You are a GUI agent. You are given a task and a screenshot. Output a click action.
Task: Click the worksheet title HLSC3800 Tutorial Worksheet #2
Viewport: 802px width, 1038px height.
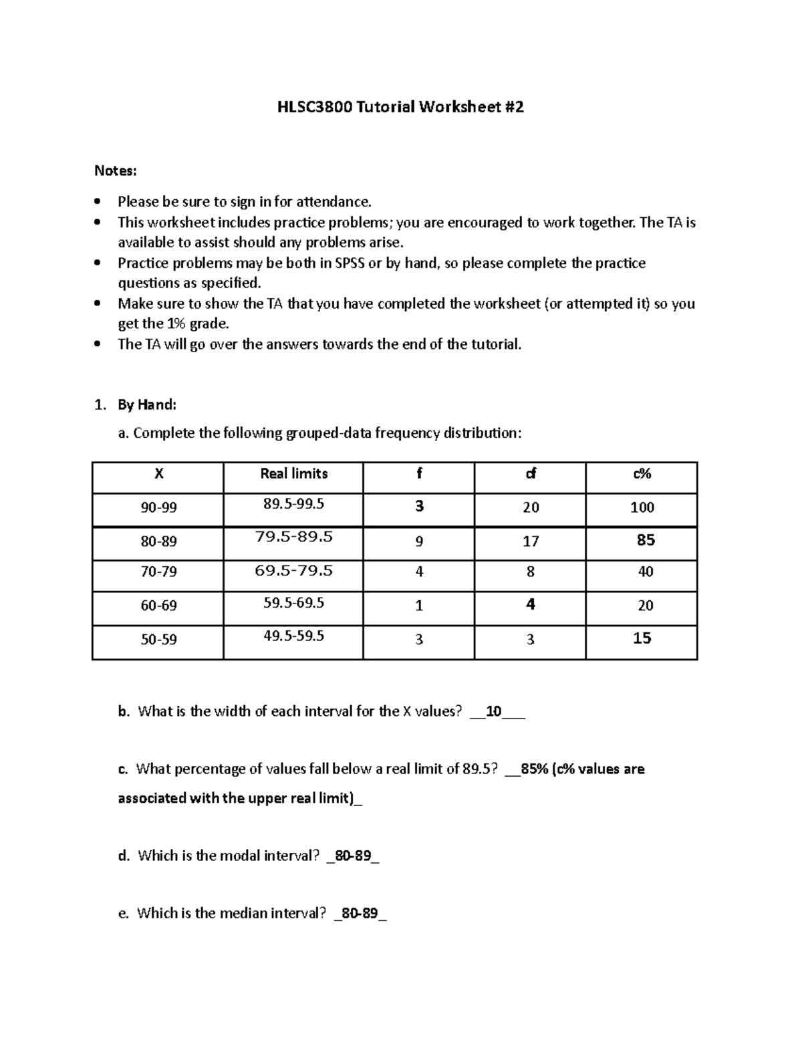pos(400,107)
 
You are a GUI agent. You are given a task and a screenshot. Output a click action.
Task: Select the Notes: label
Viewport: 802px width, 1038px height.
pos(115,171)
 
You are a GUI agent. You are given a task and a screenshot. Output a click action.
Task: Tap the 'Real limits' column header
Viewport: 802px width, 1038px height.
pos(293,474)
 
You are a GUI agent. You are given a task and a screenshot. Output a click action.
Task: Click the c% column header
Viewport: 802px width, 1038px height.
pos(642,474)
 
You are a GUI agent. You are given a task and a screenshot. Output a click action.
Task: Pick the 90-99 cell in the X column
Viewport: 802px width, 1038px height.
pos(158,508)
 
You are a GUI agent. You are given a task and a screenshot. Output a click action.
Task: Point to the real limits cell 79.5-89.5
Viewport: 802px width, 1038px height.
pos(293,537)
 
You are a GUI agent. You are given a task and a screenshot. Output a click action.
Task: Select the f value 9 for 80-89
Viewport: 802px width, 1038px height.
pos(419,541)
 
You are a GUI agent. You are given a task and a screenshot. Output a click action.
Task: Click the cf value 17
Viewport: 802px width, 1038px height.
pos(531,541)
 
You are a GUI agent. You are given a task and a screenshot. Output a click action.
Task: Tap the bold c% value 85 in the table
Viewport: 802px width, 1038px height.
pos(646,540)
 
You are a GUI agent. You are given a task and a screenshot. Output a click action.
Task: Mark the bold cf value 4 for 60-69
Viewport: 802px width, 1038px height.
pos(531,605)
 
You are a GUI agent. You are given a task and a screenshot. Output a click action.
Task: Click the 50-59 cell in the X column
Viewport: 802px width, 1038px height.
pos(158,640)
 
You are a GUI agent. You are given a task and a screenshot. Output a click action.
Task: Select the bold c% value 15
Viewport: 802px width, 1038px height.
pos(642,638)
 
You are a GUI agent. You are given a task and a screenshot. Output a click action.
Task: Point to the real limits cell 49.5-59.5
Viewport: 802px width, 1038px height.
pos(293,636)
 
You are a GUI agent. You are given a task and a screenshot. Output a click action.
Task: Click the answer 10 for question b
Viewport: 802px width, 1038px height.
pos(494,712)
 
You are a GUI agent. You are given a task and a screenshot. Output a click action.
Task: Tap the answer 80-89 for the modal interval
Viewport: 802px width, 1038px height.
pos(352,856)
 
